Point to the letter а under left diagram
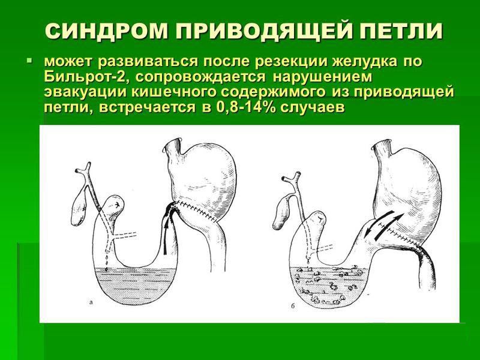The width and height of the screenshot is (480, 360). tap(91, 304)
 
